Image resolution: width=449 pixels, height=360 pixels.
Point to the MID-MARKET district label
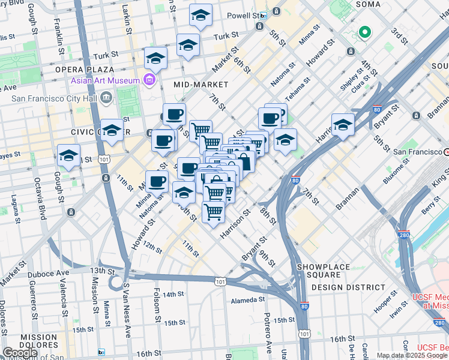click(201, 85)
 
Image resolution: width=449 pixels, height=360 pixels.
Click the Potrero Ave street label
click(268, 338)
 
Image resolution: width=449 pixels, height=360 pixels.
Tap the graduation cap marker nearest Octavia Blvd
click(69, 155)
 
